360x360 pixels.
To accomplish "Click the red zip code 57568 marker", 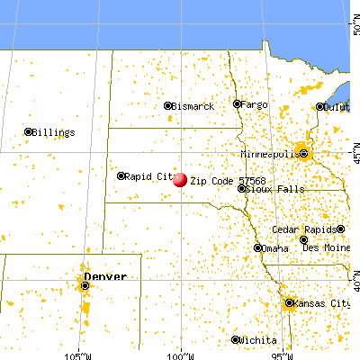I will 180,179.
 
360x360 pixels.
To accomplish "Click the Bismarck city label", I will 194,107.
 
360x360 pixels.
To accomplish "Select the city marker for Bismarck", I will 168,106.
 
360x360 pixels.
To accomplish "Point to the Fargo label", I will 255,104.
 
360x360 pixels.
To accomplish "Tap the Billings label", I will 54,132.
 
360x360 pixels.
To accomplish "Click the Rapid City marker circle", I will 121,176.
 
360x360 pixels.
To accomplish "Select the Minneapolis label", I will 274,153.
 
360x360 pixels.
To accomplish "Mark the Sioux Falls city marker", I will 241,189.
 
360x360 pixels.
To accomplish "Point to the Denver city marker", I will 85,286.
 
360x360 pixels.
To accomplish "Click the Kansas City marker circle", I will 289,303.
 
